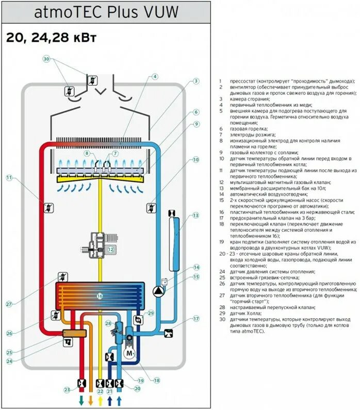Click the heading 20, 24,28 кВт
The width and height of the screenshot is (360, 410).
click(x=51, y=38)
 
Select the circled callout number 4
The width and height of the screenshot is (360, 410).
click(x=154, y=77)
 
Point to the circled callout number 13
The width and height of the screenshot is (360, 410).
click(x=195, y=215)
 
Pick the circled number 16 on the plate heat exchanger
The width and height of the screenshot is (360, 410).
click(x=100, y=296)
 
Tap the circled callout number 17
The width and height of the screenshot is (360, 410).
click(x=196, y=319)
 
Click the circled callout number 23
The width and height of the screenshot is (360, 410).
click(x=67, y=389)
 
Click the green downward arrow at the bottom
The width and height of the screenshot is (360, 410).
click(x=81, y=400)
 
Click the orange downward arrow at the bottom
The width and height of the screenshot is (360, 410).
click(x=91, y=400)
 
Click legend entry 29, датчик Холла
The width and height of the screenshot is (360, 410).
click(x=245, y=313)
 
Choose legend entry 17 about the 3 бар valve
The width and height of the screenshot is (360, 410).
click(x=258, y=218)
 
